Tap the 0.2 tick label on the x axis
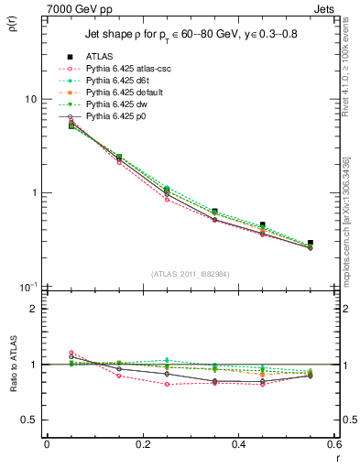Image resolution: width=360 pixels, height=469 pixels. pyautogui.click(x=142, y=445)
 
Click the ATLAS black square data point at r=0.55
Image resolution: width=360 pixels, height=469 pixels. pyautogui.click(x=311, y=243)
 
